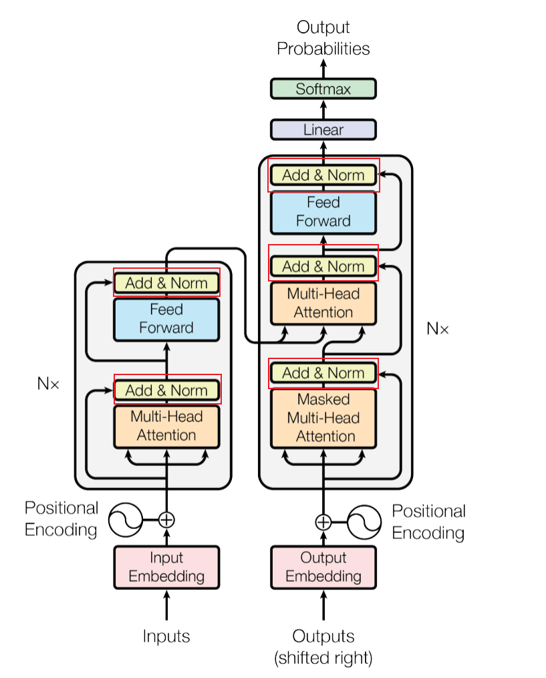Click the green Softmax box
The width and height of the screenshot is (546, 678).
(x=323, y=89)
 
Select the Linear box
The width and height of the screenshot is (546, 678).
(x=323, y=130)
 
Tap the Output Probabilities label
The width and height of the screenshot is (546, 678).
(x=323, y=38)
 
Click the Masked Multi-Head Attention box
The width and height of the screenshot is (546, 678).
(x=323, y=418)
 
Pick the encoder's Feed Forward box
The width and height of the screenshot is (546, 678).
(x=166, y=319)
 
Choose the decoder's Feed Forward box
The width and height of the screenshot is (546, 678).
(x=323, y=212)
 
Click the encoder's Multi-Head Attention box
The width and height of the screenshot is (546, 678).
(x=166, y=426)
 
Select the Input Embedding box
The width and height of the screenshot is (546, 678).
(x=166, y=567)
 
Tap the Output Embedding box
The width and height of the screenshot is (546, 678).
(x=323, y=567)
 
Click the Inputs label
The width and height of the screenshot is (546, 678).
(x=166, y=636)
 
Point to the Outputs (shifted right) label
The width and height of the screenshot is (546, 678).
(x=323, y=647)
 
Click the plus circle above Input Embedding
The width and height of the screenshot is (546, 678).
(x=166, y=519)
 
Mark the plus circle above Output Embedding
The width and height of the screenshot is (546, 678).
(x=323, y=522)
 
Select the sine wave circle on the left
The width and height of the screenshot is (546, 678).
(x=126, y=519)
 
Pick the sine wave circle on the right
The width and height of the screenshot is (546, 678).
(x=364, y=522)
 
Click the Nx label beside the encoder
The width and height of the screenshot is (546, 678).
(x=48, y=384)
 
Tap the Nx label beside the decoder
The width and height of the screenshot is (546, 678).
(x=438, y=328)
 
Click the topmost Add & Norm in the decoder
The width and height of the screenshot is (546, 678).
(x=323, y=175)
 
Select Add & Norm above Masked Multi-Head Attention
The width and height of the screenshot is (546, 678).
(x=323, y=373)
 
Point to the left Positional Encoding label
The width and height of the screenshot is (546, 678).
(x=61, y=519)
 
